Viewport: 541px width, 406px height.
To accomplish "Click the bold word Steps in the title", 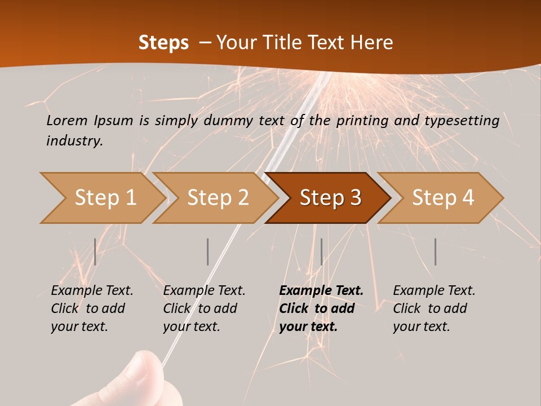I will pos(163,42).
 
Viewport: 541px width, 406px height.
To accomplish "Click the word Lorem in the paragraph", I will pos(66,120).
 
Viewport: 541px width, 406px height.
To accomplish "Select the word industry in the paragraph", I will pos(74,140).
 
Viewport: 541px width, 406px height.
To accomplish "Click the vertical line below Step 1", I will pos(95,251).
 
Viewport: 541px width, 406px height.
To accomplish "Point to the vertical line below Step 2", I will pos(208,251).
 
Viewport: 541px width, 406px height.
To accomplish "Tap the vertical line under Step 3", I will pos(321,251).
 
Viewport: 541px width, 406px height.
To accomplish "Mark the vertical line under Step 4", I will pos(435,251).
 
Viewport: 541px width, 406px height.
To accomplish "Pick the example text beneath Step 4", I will pos(434,308).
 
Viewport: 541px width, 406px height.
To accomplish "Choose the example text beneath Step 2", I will pos(204,308).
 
